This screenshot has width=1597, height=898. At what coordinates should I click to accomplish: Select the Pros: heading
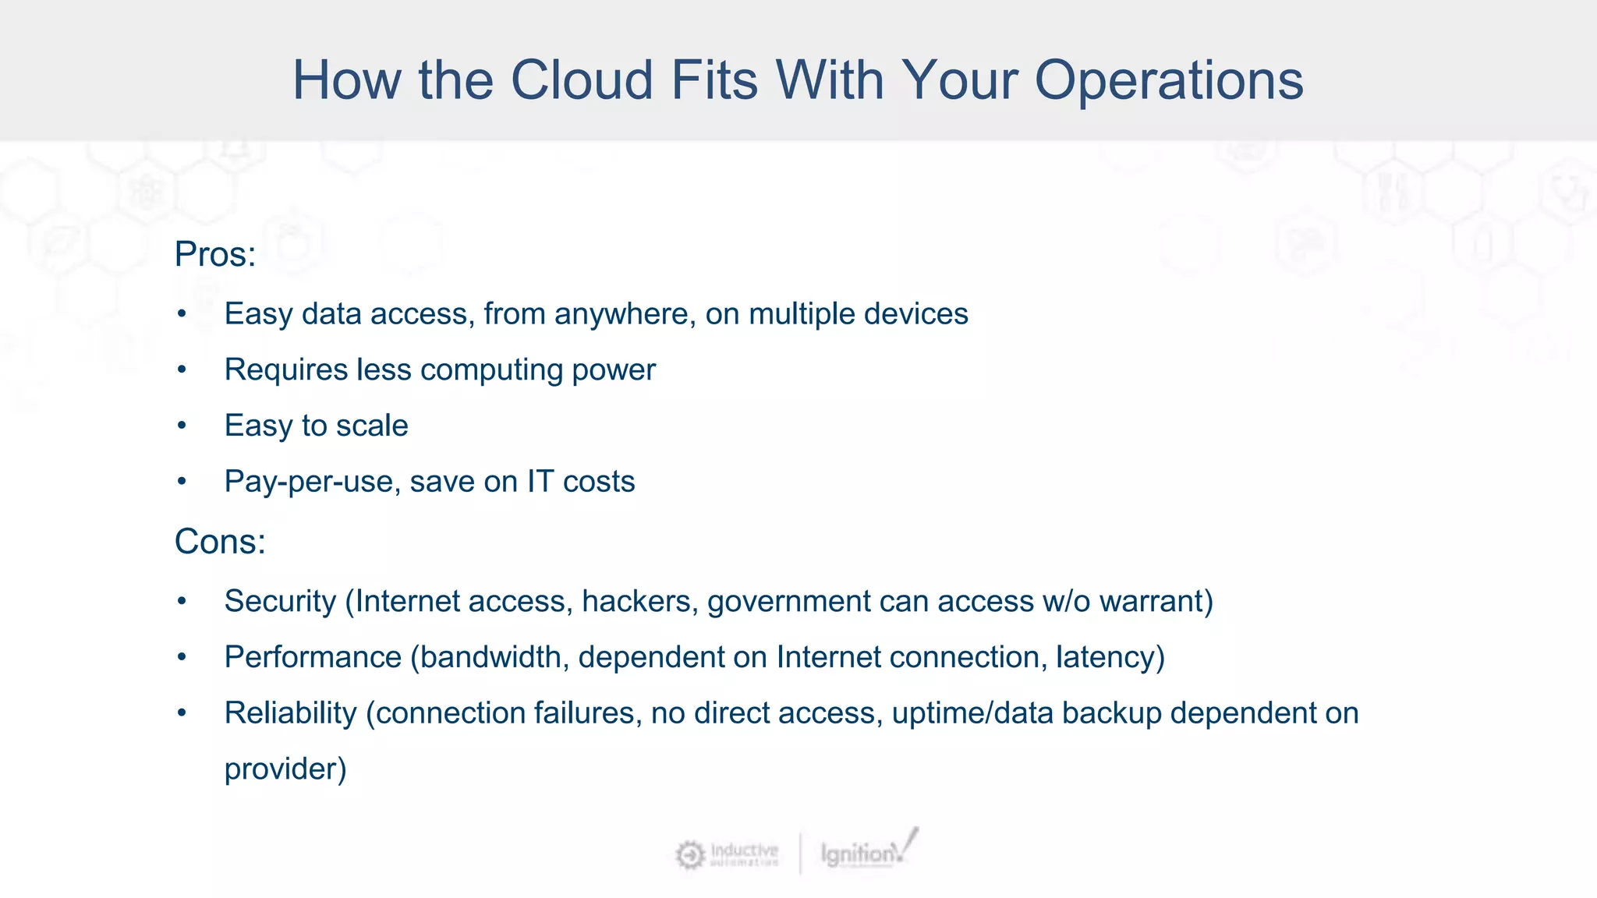click(x=215, y=254)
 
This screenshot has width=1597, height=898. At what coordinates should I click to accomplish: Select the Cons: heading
click(x=220, y=542)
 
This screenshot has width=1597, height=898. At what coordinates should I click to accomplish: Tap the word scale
click(x=372, y=426)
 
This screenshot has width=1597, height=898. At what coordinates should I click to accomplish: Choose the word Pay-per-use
click(x=312, y=483)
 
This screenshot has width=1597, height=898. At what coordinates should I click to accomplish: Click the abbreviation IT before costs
click(x=540, y=482)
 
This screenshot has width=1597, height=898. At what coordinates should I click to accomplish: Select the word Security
click(x=280, y=601)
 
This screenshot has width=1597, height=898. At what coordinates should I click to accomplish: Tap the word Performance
click(x=313, y=657)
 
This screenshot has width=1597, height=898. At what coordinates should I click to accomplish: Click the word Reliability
click(x=290, y=713)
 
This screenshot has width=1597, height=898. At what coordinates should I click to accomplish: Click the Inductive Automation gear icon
click(x=689, y=855)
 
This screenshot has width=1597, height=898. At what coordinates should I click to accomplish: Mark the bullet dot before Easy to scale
click(x=182, y=426)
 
